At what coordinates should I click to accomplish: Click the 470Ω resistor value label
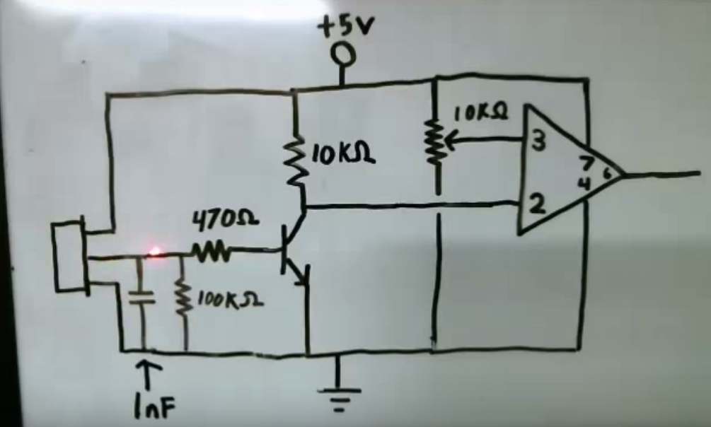point(226,221)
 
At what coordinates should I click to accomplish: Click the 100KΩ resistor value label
point(231,299)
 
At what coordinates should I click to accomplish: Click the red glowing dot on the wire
point(155,251)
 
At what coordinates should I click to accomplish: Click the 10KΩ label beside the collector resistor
point(343,156)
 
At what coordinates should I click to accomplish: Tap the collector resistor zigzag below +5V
point(299,163)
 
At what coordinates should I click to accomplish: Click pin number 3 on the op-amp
point(538,142)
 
